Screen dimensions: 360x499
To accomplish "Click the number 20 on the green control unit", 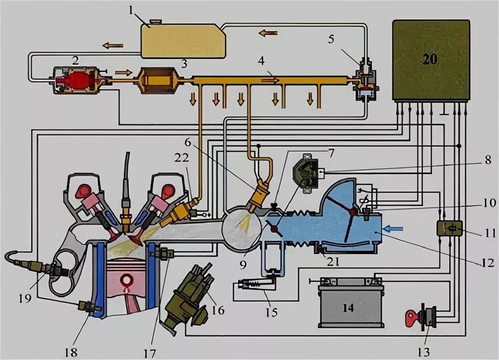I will [430, 59].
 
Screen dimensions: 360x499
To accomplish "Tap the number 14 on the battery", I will [348, 308].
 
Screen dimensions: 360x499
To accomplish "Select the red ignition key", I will [413, 318].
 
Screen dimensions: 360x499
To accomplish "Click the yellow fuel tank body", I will [181, 40].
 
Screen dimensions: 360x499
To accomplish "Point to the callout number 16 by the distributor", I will [217, 310].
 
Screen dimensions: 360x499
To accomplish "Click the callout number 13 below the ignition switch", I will [425, 351].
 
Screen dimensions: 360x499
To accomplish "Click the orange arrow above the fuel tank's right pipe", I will [267, 34].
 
